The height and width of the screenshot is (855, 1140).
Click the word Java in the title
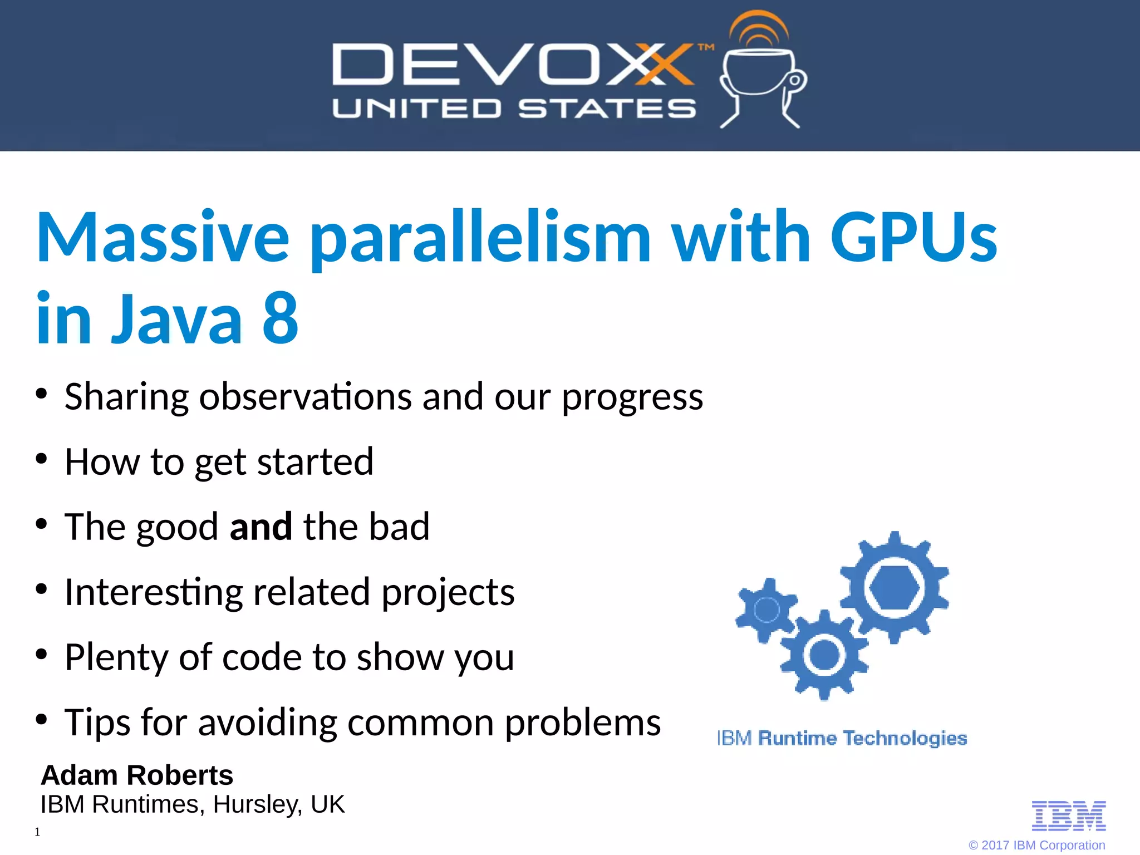tap(177, 318)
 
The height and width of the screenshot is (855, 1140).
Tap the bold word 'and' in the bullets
tap(261, 526)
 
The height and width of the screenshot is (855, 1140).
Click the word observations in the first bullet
tap(305, 396)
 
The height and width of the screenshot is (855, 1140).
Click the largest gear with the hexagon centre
tap(894, 587)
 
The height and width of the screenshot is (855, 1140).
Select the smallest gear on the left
tap(766, 610)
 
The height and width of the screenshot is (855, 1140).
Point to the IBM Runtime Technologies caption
tap(842, 738)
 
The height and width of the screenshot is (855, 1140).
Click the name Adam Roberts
tap(137, 775)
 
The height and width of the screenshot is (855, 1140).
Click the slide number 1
tap(37, 832)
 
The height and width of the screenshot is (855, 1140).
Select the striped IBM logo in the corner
tap(1069, 816)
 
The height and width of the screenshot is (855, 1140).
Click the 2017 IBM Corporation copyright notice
tap(1036, 845)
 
